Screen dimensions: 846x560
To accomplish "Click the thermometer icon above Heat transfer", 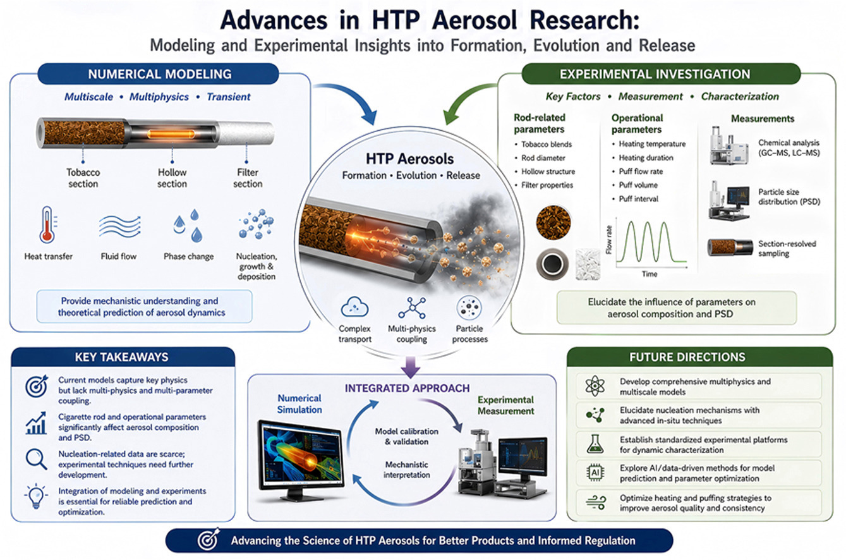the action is click(47, 225).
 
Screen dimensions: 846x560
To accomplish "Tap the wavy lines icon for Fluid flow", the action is click(119, 226).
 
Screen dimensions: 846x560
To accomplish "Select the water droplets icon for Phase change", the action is click(188, 226).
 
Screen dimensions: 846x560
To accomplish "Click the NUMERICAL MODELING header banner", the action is click(158, 74).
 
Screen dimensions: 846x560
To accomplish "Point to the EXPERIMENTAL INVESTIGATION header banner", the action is click(661, 74).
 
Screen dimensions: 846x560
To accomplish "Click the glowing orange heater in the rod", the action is click(171, 134).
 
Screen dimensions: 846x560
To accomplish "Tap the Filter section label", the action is click(248, 178).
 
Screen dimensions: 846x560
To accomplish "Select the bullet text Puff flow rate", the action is click(641, 171).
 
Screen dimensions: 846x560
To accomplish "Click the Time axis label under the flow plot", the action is click(650, 274).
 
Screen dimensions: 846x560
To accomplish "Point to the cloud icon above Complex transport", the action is click(354, 307).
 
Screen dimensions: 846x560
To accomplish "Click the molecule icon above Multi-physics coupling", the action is click(412, 308).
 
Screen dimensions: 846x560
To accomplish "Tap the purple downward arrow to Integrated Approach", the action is click(410, 367).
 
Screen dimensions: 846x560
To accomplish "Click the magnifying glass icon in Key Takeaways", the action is click(36, 459).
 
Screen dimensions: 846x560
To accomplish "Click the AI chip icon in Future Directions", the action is click(595, 472).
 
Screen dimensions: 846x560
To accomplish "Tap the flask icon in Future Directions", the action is click(595, 444).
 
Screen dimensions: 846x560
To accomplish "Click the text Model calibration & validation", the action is click(406, 437).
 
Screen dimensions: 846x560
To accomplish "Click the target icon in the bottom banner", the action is click(208, 539).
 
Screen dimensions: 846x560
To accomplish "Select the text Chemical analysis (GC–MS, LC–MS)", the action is click(789, 148).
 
